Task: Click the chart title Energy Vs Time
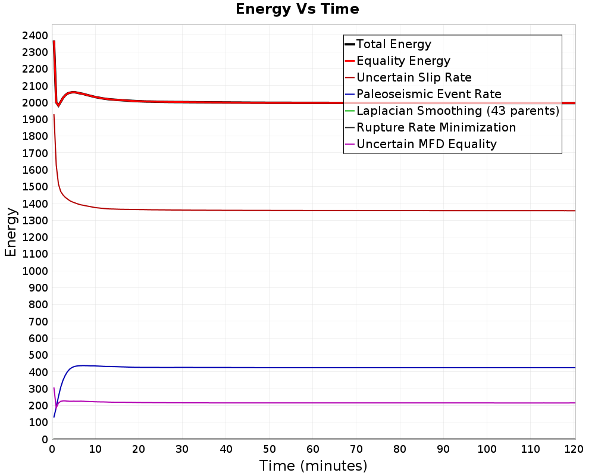[x=297, y=9]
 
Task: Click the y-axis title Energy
[x=11, y=232]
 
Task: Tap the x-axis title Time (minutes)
[x=313, y=466]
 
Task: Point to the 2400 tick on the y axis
[x=35, y=36]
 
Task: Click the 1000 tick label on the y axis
[x=35, y=271]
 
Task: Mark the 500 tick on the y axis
[x=38, y=355]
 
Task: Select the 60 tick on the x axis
[x=313, y=449]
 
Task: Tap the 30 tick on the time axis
[x=182, y=449]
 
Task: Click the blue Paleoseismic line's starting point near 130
[x=54, y=417]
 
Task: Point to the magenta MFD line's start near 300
[x=54, y=387]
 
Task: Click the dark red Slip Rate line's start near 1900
[x=54, y=115]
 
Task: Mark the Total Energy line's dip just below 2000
[x=58, y=105]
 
